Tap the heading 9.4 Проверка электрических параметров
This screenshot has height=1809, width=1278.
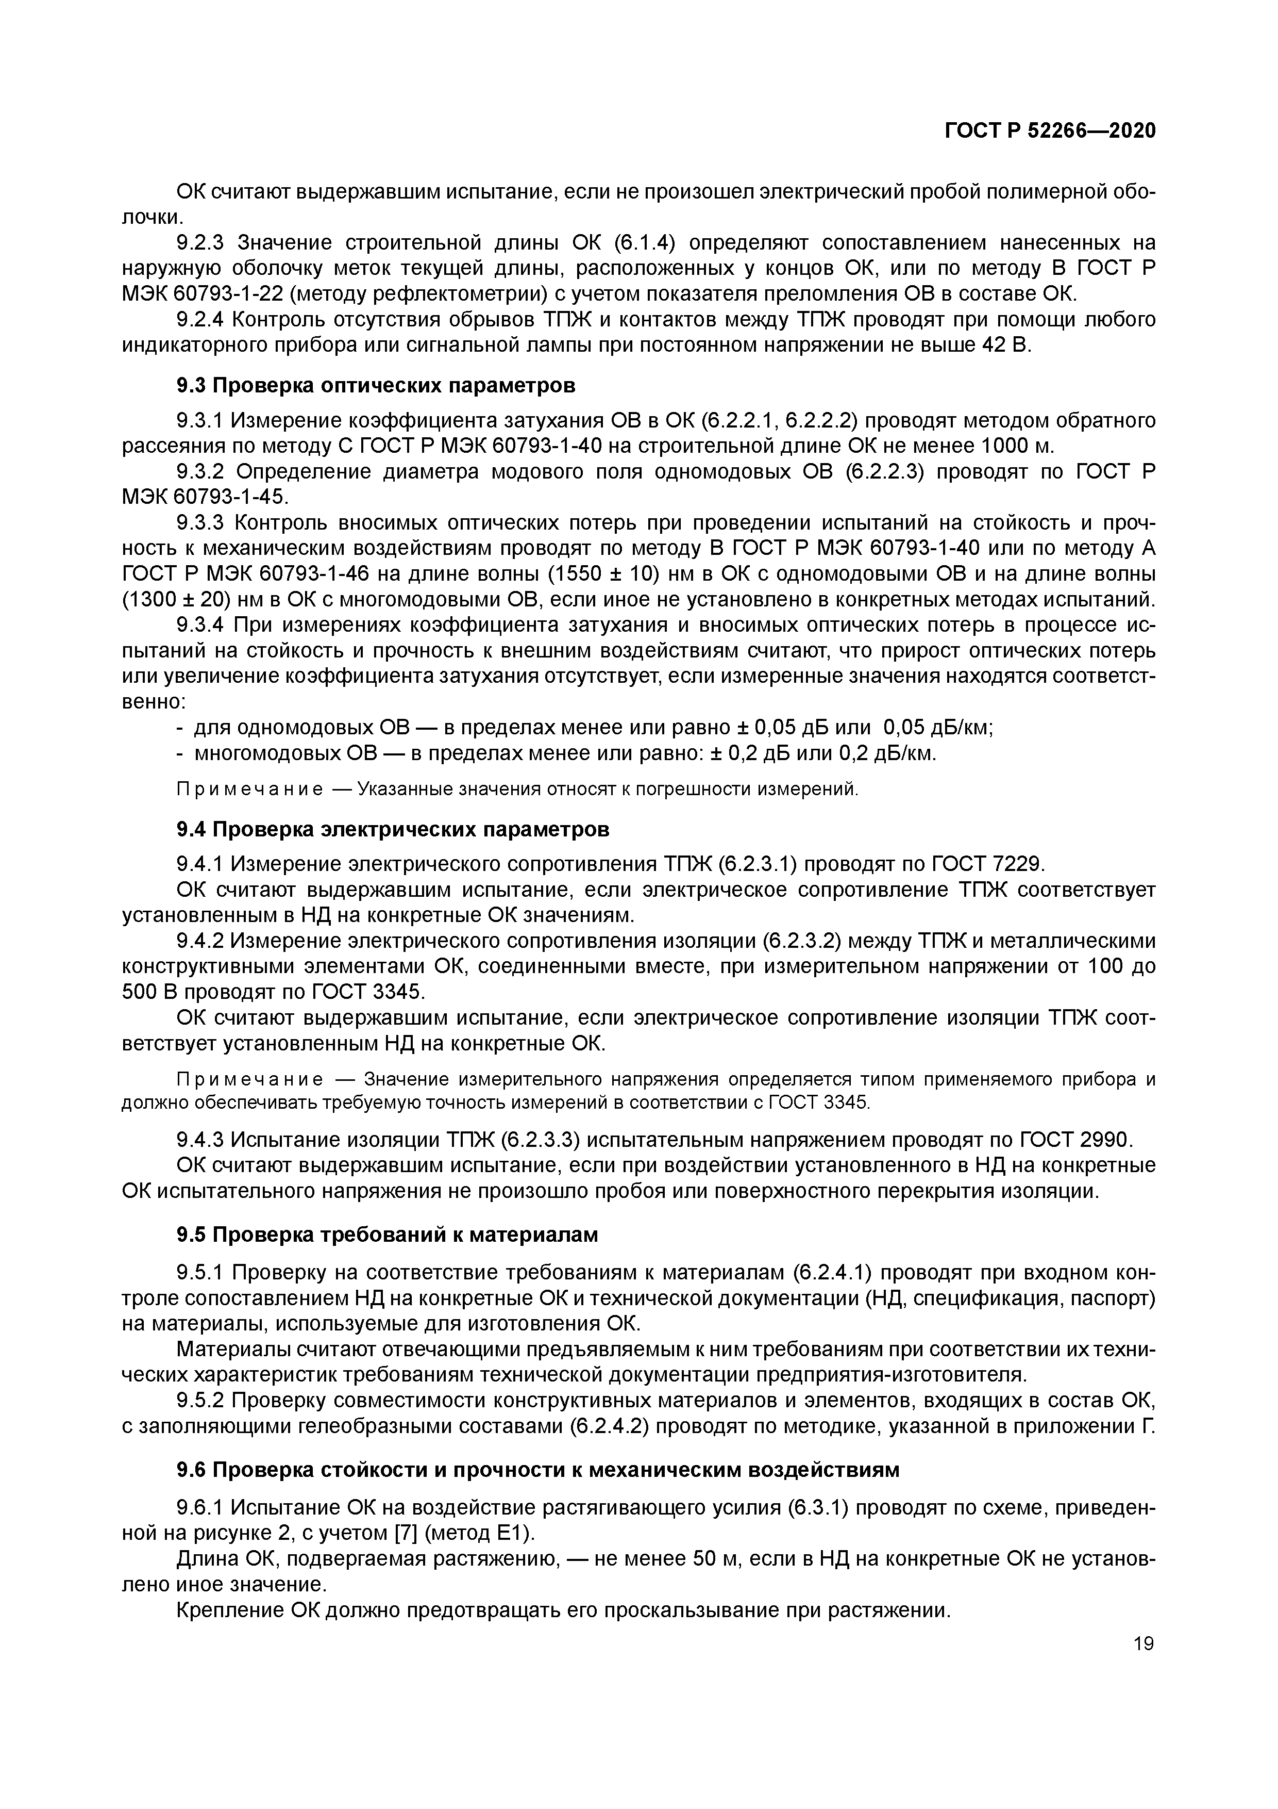pos(392,830)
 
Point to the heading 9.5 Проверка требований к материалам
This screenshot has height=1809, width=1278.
pos(386,1235)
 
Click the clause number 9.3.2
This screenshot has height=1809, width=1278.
pos(201,472)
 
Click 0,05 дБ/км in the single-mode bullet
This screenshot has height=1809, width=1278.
pos(938,727)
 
